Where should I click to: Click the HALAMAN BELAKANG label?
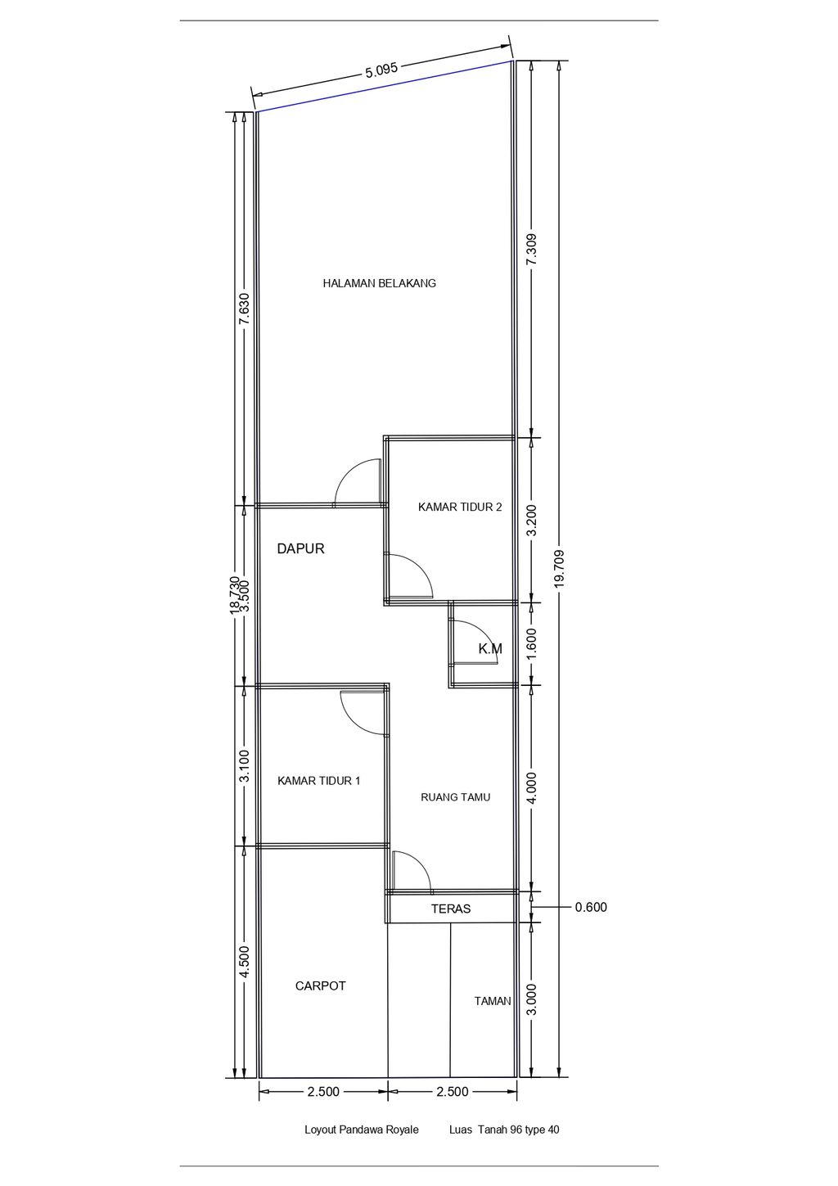click(x=379, y=283)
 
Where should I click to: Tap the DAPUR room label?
click(x=300, y=548)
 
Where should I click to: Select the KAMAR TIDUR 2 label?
click(x=459, y=507)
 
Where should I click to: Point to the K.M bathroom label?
click(x=490, y=648)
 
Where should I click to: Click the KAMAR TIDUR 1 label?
click(x=318, y=781)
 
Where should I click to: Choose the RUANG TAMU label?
click(x=455, y=797)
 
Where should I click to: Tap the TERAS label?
click(x=450, y=909)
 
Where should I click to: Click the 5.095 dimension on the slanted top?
click(x=381, y=70)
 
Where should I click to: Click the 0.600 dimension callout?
click(x=591, y=908)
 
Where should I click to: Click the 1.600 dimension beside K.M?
click(x=532, y=643)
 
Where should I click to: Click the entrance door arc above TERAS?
click(x=420, y=864)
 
